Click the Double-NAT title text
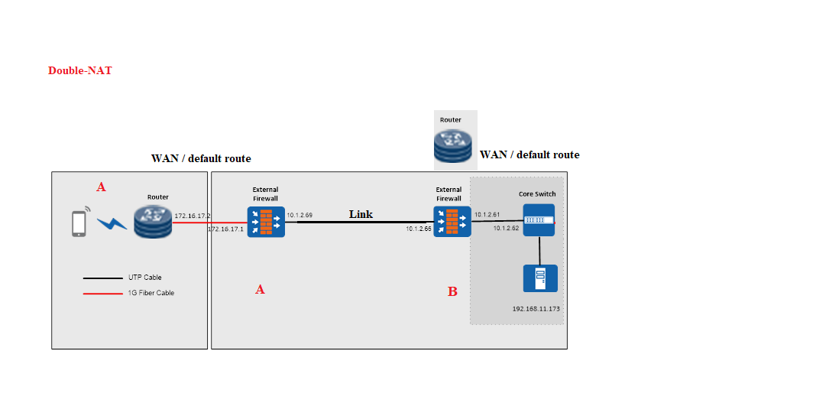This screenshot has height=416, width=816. tap(79, 70)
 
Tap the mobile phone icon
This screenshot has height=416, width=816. tap(78, 223)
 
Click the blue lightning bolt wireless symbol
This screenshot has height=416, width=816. tap(112, 223)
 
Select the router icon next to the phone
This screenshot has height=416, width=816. tap(153, 222)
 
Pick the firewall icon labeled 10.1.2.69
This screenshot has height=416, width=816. tap(266, 222)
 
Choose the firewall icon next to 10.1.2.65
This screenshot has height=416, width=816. tap(452, 222)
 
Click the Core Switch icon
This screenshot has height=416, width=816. tap(539, 219)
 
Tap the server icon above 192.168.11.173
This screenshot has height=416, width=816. tap(539, 278)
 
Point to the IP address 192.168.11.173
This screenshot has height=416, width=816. tap(536, 309)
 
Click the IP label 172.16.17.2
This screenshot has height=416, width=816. tap(193, 216)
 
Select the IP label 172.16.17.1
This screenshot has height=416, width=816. tap(225, 229)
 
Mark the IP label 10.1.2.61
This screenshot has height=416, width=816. tap(487, 215)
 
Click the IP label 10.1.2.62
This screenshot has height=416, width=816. tap(506, 228)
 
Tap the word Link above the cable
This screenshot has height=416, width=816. tap(361, 214)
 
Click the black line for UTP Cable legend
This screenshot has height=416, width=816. tap(102, 278)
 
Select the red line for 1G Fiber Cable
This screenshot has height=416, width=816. tap(102, 293)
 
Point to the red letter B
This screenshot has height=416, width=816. tap(452, 291)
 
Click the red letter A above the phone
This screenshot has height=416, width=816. tap(101, 187)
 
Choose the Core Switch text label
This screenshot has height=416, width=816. tap(537, 194)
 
